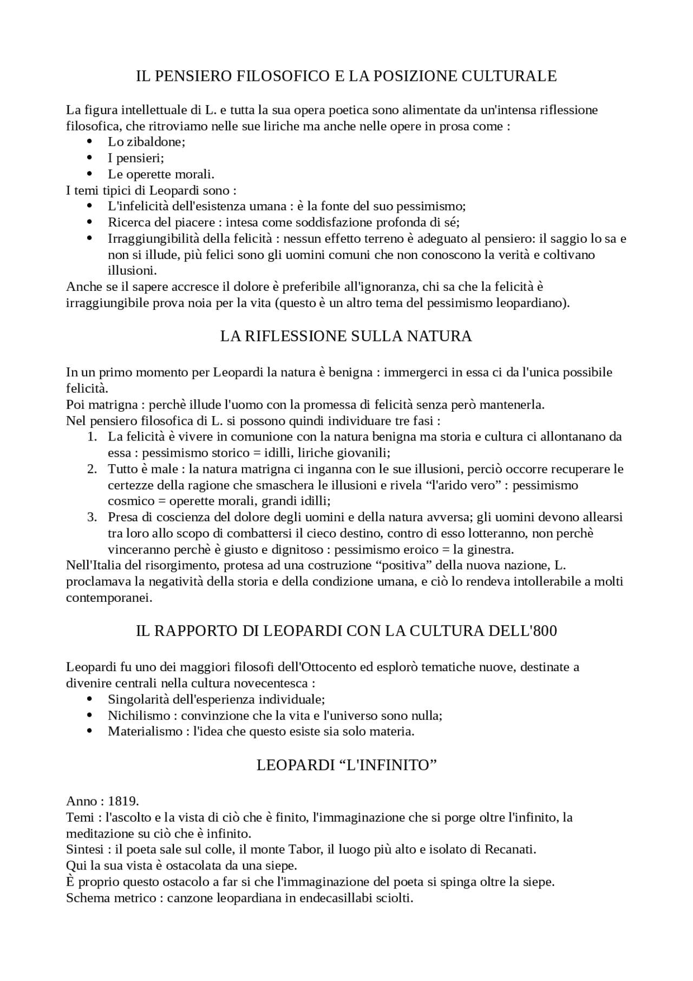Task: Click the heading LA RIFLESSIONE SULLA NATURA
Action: [x=346, y=336]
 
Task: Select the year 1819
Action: [x=123, y=801]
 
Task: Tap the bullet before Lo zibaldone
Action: [x=90, y=142]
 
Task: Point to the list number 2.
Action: [x=91, y=469]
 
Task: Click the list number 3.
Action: [x=91, y=517]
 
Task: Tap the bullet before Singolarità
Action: [x=90, y=699]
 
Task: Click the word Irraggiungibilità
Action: [x=148, y=238]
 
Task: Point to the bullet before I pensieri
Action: [x=90, y=158]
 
